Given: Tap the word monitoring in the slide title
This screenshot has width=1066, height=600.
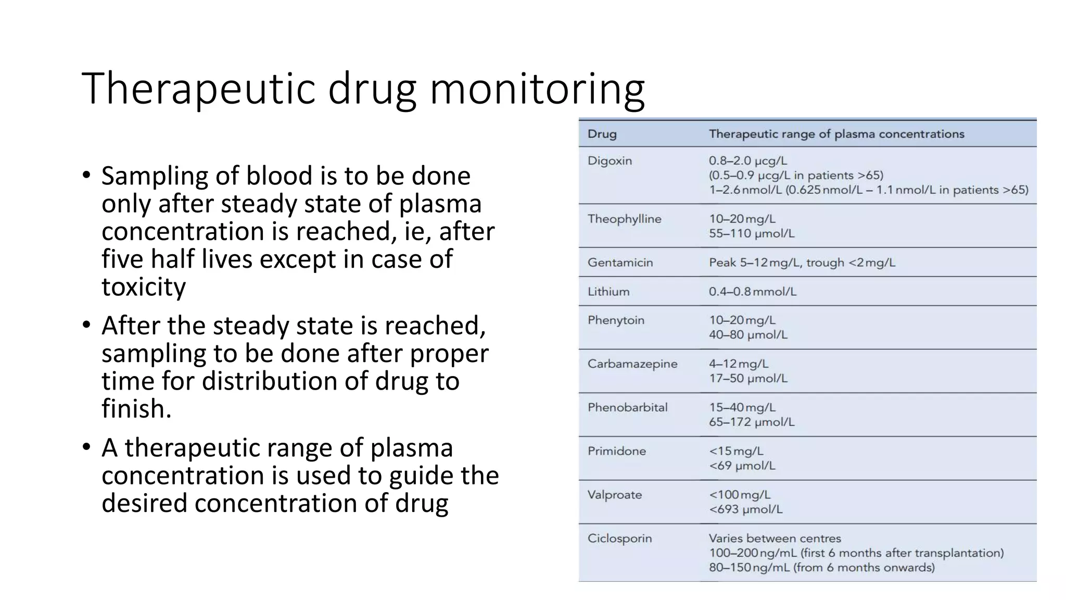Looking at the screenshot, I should point(537,90).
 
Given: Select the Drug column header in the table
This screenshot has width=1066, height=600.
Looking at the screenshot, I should point(602,134).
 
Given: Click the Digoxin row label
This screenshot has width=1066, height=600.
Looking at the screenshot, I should point(610,161).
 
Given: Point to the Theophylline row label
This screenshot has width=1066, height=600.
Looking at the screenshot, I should point(624,219).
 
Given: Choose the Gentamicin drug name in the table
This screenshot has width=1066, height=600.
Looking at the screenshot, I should point(620,262).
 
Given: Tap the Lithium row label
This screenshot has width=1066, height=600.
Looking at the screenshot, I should point(608,292).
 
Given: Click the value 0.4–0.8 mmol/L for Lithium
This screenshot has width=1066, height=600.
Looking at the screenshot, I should point(752,292).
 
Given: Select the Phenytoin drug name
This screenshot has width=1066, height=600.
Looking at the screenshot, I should point(616,320).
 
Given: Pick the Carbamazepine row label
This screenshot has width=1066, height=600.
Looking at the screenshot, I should point(632,364).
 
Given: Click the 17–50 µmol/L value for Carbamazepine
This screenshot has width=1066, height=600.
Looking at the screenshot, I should point(748,379).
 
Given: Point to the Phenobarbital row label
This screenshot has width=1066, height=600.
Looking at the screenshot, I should point(627,408).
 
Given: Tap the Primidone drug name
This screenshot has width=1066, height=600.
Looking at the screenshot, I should point(617,451).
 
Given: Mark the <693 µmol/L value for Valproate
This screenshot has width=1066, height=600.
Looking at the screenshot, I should point(745,509).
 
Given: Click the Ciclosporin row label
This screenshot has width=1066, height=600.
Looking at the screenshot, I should point(619,539).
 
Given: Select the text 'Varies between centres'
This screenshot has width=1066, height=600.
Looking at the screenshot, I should point(775,539).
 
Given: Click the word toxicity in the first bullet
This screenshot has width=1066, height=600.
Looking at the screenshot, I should point(144,287).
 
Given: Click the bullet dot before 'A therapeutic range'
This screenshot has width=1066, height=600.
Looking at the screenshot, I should point(86,448).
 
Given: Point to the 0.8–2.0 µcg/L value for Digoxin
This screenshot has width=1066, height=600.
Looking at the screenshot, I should point(747,161).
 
